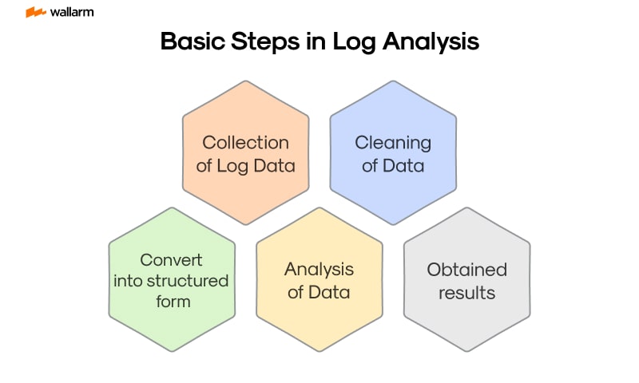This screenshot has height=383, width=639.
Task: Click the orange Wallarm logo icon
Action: click(35, 13)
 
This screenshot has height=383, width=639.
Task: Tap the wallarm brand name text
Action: click(72, 13)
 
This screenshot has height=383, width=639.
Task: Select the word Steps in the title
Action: click(262, 41)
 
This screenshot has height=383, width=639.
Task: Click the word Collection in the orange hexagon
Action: click(245, 143)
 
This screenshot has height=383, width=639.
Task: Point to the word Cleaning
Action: click(393, 143)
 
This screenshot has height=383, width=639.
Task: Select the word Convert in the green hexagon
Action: click(171, 260)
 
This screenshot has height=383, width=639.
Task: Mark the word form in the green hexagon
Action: click(172, 302)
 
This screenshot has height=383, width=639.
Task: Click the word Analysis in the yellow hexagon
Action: click(319, 269)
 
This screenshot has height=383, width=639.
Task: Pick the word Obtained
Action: click(466, 270)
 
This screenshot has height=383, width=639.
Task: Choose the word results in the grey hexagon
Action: click(466, 293)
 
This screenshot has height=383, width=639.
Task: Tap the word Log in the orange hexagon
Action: click(232, 166)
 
